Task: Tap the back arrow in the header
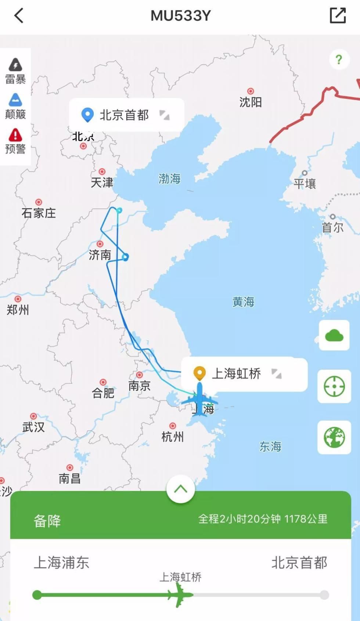coord(19,16)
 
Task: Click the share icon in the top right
coord(338,15)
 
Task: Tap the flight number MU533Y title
coord(180,16)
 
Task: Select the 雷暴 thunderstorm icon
coord(15,65)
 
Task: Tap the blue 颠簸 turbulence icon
coord(15,100)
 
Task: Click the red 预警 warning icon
coord(15,135)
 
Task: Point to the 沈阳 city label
coord(251,102)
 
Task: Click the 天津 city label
coord(102,182)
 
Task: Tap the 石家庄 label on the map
coord(39,213)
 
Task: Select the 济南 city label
coord(100,254)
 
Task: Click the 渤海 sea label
coord(169,179)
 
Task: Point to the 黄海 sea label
coord(243,302)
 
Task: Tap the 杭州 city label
coord(172,437)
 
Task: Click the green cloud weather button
coord(334,335)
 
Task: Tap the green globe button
coord(334,437)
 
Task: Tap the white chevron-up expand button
coord(180,489)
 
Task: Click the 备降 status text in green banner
coord(47,521)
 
